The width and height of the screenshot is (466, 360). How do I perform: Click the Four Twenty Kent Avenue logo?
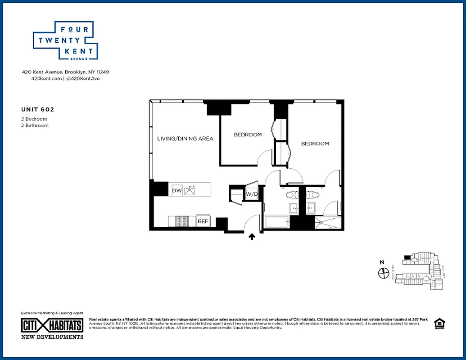[65, 40]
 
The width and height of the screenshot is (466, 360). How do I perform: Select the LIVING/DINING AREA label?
[185, 139]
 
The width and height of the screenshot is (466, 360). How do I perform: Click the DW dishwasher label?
[176, 191]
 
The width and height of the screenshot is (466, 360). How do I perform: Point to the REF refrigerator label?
[203, 221]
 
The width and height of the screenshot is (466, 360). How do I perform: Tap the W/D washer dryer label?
[251, 194]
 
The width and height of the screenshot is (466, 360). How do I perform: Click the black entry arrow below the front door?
[252, 237]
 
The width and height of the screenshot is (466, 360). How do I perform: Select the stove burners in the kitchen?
[182, 221]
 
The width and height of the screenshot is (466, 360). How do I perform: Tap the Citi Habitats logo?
[52, 325]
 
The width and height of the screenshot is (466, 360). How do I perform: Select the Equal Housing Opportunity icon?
[438, 324]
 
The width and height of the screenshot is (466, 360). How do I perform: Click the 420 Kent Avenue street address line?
[66, 72]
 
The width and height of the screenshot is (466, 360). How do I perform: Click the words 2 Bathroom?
[35, 126]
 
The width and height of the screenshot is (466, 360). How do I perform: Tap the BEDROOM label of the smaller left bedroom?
[247, 135]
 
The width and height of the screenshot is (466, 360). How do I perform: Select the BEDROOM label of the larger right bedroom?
[315, 144]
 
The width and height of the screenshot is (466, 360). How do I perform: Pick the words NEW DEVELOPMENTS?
[52, 337]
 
